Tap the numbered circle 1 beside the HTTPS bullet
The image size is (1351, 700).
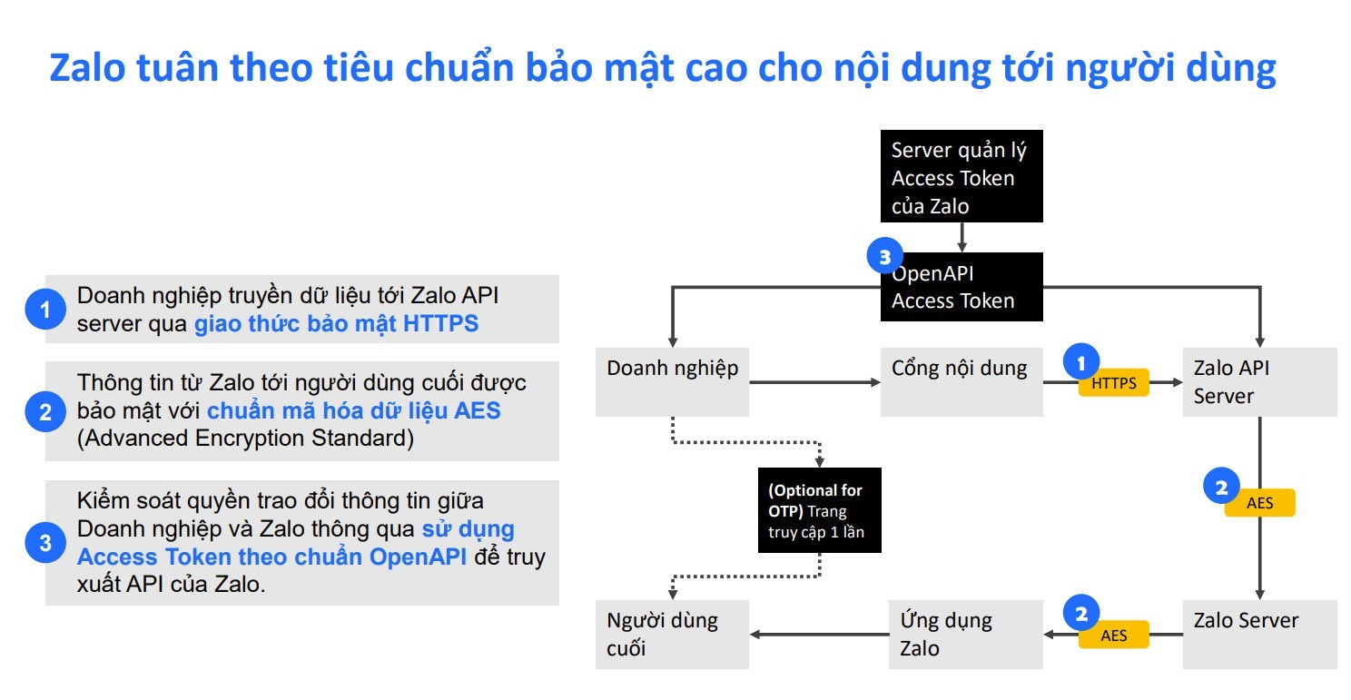(45, 310)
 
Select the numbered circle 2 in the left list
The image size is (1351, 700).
(45, 412)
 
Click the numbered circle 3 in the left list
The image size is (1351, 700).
(45, 543)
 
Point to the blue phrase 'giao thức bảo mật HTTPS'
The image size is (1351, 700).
(336, 324)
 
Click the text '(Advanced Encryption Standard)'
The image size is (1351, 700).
(245, 439)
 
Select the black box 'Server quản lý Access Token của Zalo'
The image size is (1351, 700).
(961, 176)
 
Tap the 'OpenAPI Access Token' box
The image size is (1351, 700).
(961, 287)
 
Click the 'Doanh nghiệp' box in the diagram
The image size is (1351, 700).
(672, 382)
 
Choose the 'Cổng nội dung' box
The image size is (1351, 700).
(961, 382)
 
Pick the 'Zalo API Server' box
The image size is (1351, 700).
(1259, 382)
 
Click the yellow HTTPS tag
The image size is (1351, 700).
(1113, 383)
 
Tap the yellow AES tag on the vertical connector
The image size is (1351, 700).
(1259, 503)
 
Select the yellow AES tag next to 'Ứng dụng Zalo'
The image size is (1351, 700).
(1113, 635)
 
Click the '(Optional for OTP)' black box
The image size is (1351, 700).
(820, 510)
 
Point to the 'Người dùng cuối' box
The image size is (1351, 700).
(672, 635)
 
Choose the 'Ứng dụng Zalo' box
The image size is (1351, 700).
(966, 635)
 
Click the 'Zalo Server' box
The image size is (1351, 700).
(1259, 635)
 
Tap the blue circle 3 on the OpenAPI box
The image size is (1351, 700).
(885, 256)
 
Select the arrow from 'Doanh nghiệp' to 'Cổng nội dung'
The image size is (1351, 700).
(814, 382)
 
